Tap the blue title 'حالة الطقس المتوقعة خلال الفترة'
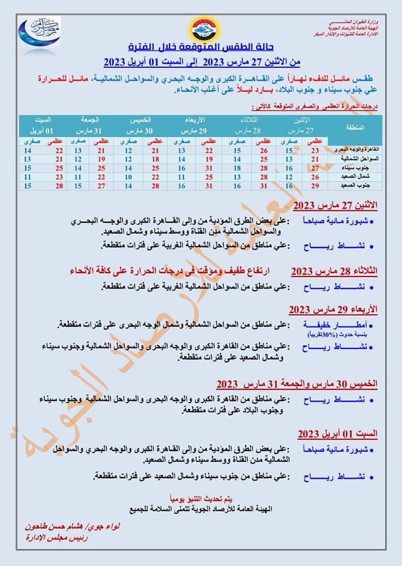pyautogui.click(x=201, y=47)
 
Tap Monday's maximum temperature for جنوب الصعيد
pyautogui.click(x=316, y=186)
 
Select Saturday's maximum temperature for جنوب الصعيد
pyautogui.click(x=59, y=186)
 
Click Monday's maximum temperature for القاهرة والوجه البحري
pyautogui.click(x=316, y=150)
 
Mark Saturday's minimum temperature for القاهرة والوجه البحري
pyautogui.click(x=27, y=150)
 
